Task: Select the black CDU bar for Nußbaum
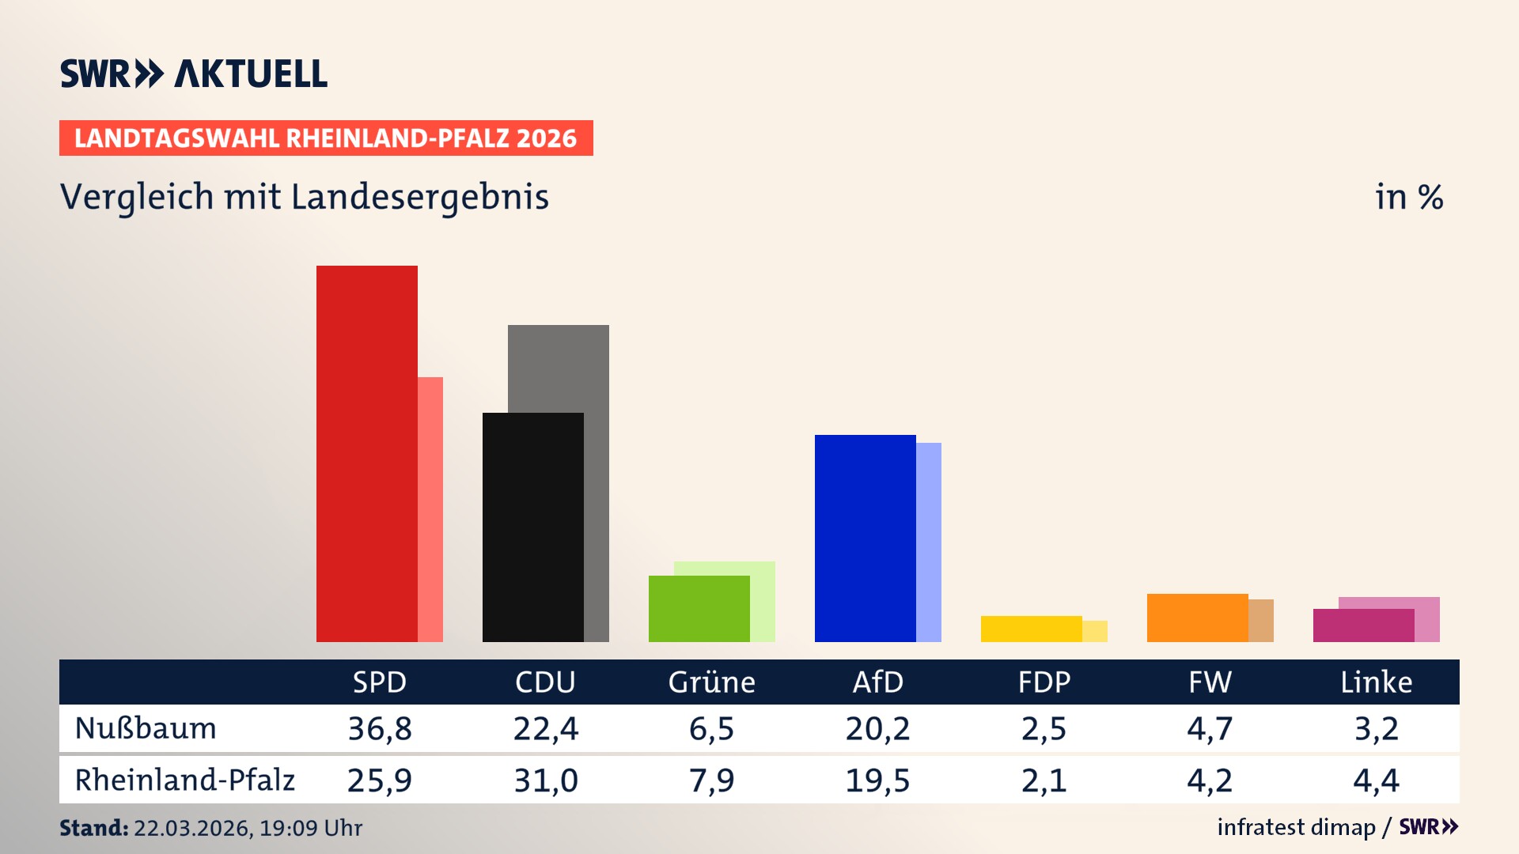click(x=532, y=527)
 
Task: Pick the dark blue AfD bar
click(x=865, y=538)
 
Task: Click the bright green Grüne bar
click(x=699, y=608)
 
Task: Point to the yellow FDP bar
click(x=1031, y=629)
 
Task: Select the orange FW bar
click(x=1197, y=618)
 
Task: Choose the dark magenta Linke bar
click(x=1363, y=625)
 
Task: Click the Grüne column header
click(x=711, y=682)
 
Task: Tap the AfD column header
click(x=877, y=682)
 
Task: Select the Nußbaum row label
click(x=146, y=728)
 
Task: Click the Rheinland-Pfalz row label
click(x=184, y=780)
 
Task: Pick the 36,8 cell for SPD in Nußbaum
click(x=380, y=728)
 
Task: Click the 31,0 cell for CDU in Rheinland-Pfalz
click(x=546, y=780)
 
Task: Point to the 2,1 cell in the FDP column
click(x=1044, y=780)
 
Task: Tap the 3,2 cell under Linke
click(x=1376, y=728)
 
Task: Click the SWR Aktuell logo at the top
click(x=194, y=74)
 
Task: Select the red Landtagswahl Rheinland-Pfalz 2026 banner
click(x=326, y=138)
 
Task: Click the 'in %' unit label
click(x=1408, y=197)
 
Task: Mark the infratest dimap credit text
click(x=1296, y=827)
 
